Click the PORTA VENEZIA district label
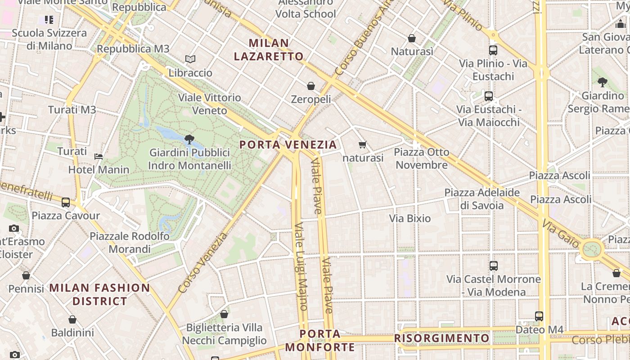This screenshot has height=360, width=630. click(288, 144)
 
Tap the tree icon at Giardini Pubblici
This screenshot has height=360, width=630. click(189, 139)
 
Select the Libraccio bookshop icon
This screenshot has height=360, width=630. click(190, 59)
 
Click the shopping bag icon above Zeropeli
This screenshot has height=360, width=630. click(310, 85)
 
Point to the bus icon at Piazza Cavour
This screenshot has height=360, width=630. click(66, 202)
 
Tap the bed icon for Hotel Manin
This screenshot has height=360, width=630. click(99, 157)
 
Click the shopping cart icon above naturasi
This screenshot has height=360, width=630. click(363, 144)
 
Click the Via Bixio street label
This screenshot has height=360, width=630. click(409, 219)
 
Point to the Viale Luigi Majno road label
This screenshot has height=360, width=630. click(300, 266)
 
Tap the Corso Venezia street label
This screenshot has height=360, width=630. click(203, 263)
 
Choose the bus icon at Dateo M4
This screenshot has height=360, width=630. click(539, 316)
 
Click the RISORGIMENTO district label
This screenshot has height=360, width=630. click(441, 338)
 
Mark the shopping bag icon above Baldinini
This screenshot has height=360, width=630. click(72, 319)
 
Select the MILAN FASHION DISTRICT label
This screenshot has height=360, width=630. click(99, 294)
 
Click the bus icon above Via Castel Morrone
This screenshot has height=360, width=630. click(494, 265)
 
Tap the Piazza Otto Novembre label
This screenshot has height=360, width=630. click(421, 158)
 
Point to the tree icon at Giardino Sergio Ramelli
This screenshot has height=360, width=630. click(602, 82)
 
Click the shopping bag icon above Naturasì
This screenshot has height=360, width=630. click(412, 38)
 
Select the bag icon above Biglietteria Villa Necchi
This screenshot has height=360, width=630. click(224, 314)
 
